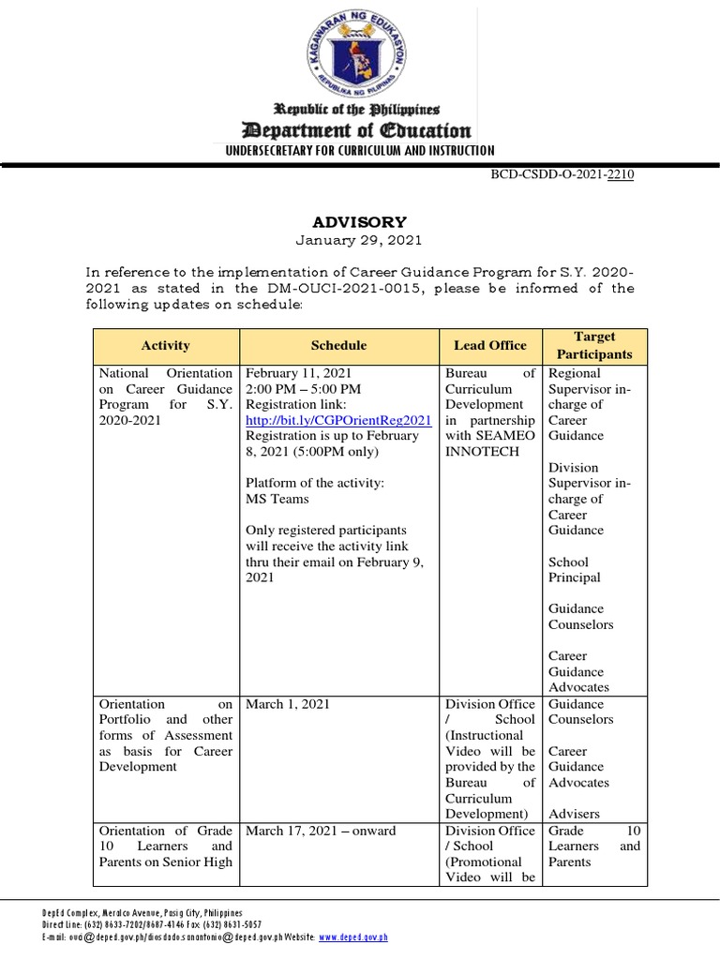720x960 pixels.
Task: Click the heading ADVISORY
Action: [x=360, y=222]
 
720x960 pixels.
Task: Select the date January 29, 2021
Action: [x=360, y=241]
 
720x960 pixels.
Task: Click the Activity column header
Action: [x=165, y=345]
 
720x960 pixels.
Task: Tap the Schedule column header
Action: [x=338, y=345]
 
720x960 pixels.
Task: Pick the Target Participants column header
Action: [x=594, y=345]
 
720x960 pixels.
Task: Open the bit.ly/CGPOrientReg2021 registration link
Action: [x=338, y=420]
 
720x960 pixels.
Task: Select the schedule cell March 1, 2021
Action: [x=287, y=704]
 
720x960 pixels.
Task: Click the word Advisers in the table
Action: [x=575, y=814]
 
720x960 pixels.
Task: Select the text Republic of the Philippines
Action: [x=360, y=110]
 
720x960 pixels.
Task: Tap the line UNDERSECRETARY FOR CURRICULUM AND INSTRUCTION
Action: [x=360, y=151]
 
